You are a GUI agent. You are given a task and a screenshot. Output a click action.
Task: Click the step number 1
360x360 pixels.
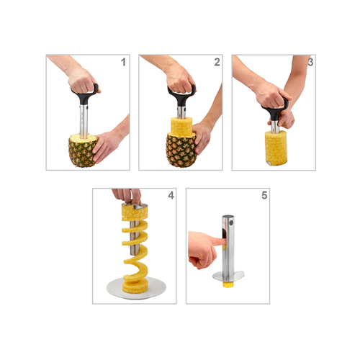(x=123, y=62)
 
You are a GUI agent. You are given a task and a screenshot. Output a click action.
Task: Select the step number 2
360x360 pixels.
(x=217, y=62)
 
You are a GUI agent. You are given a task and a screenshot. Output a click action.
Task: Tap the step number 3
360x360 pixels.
(x=310, y=62)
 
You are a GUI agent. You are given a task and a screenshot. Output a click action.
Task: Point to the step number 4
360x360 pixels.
(x=171, y=195)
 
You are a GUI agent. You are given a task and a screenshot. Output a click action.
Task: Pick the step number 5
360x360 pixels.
(x=264, y=195)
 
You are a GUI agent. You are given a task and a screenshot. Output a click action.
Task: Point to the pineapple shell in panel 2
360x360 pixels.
(x=181, y=150)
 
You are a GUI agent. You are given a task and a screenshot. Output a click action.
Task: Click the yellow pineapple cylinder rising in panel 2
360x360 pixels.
(x=181, y=127)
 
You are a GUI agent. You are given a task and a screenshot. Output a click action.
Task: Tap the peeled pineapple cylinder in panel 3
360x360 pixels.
(x=276, y=148)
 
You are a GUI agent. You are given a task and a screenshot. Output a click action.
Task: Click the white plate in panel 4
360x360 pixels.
(x=136, y=288)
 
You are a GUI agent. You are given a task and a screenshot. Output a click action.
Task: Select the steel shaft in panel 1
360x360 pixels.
(x=84, y=121)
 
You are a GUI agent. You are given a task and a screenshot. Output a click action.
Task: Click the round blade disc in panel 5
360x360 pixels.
(x=228, y=276)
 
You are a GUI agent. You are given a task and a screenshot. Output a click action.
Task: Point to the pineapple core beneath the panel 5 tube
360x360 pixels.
(x=228, y=285)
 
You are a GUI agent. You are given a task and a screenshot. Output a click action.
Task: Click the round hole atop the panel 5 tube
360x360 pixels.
(x=231, y=222)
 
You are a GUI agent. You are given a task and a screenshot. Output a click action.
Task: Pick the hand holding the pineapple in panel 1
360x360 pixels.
(x=107, y=146)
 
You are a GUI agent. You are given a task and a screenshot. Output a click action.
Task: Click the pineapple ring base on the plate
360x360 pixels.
(x=135, y=287)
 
